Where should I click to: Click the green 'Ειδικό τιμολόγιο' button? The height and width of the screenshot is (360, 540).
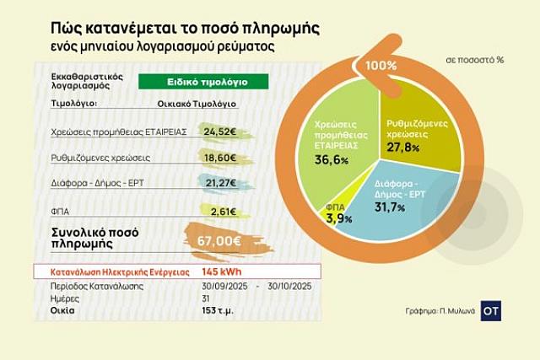202,83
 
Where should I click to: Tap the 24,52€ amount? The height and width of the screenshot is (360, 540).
218,132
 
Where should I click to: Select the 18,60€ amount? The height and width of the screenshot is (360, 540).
219,157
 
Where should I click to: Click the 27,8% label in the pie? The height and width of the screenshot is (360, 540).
403,148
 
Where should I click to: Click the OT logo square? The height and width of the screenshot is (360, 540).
491,309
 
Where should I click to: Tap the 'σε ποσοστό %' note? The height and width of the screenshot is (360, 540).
473,61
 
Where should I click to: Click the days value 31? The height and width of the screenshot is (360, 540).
207,298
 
